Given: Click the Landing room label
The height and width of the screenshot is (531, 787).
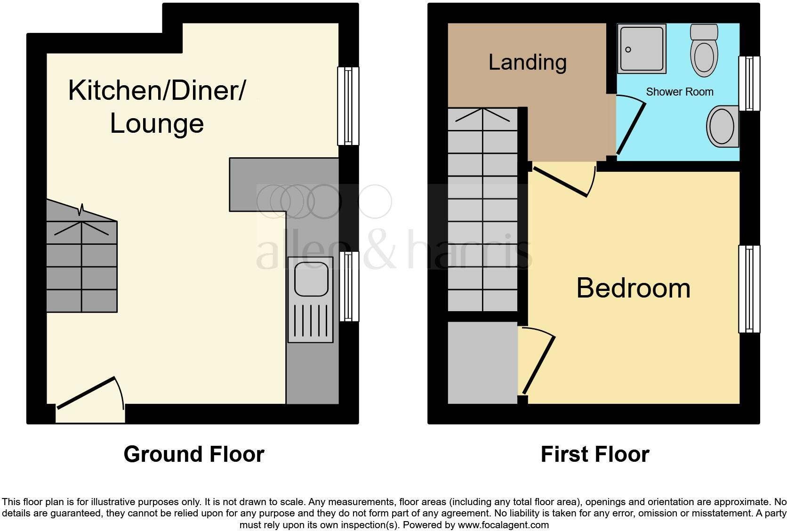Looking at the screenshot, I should tap(527, 63).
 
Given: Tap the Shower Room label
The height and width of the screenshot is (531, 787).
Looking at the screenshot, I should tap(679, 92).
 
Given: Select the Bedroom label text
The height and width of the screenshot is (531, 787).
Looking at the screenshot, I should tap(633, 288).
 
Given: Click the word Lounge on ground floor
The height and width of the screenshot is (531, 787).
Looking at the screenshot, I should tap(157, 123).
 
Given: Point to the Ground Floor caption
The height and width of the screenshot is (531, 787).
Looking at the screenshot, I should tap(193, 454).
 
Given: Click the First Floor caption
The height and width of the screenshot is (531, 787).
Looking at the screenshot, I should tap(594, 454).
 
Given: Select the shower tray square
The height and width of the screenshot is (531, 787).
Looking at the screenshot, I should tap(641, 49).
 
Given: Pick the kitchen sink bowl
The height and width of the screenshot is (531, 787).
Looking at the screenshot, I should tap(311, 279).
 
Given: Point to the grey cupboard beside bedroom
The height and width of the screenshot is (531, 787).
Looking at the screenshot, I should tap(482, 362).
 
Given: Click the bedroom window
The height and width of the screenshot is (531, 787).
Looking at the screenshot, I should tap(749, 289).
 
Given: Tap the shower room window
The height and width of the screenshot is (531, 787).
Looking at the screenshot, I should tap(749, 83).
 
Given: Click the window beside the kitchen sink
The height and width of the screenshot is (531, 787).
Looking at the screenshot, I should tap(348, 286).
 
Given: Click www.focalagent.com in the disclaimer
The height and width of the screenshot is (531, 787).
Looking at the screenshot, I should tap(503, 524).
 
